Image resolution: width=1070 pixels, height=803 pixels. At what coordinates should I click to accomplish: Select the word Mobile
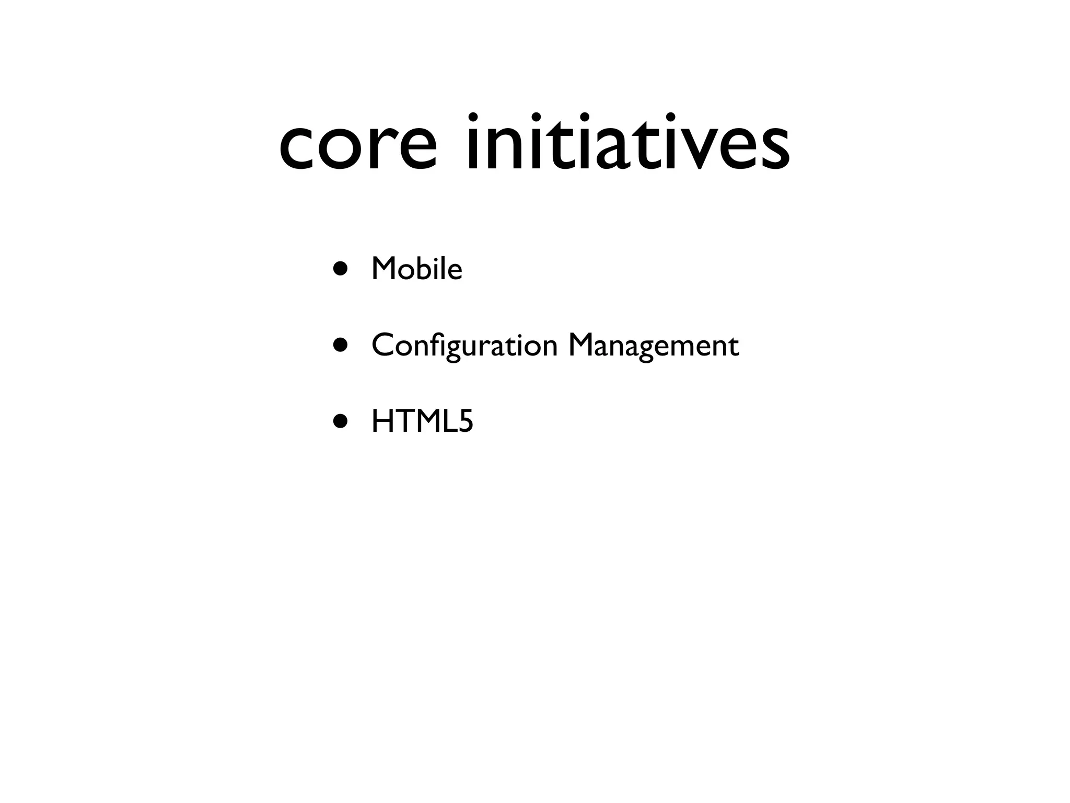point(416,269)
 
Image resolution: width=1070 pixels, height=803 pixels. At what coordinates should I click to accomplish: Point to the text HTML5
point(422,421)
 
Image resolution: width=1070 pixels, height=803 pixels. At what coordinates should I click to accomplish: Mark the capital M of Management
point(582,346)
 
